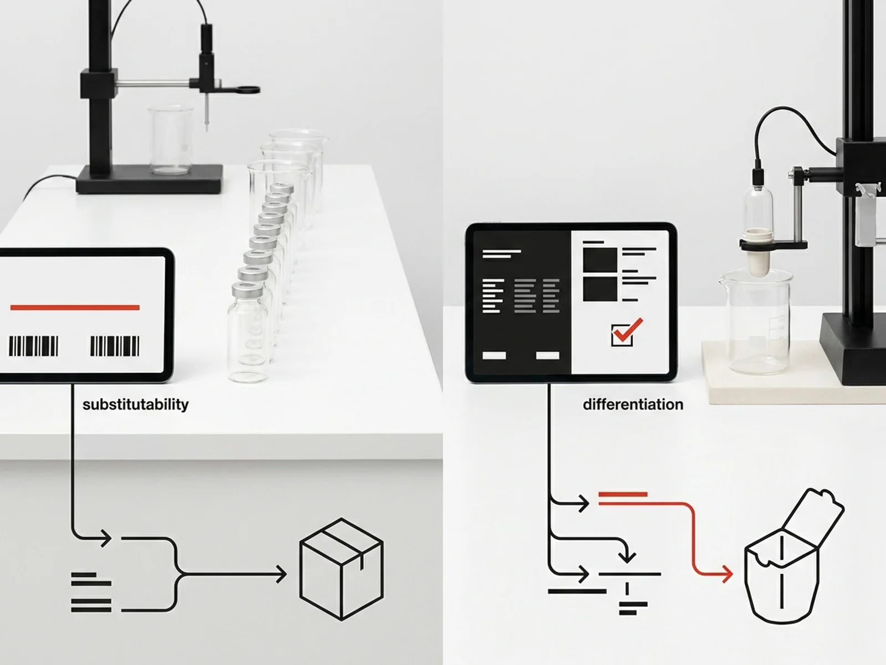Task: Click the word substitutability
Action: pyautogui.click(x=135, y=405)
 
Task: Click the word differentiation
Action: pyautogui.click(x=633, y=404)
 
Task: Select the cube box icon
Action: pyautogui.click(x=342, y=569)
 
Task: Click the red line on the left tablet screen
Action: pyautogui.click(x=75, y=308)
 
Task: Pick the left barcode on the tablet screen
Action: pyautogui.click(x=34, y=346)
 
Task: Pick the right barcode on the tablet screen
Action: pyautogui.click(x=115, y=346)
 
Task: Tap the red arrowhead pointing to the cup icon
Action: pyautogui.click(x=728, y=574)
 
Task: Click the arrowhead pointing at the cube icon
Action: pyautogui.click(x=281, y=574)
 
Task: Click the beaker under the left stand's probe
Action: pyautogui.click(x=171, y=139)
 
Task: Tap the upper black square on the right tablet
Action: pyautogui.click(x=600, y=259)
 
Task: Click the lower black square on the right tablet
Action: pyautogui.click(x=600, y=289)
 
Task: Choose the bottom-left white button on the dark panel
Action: pyautogui.click(x=494, y=355)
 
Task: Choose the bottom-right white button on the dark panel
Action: pyautogui.click(x=548, y=355)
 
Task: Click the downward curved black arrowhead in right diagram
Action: pyautogui.click(x=626, y=556)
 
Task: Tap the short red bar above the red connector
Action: pyautogui.click(x=623, y=494)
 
